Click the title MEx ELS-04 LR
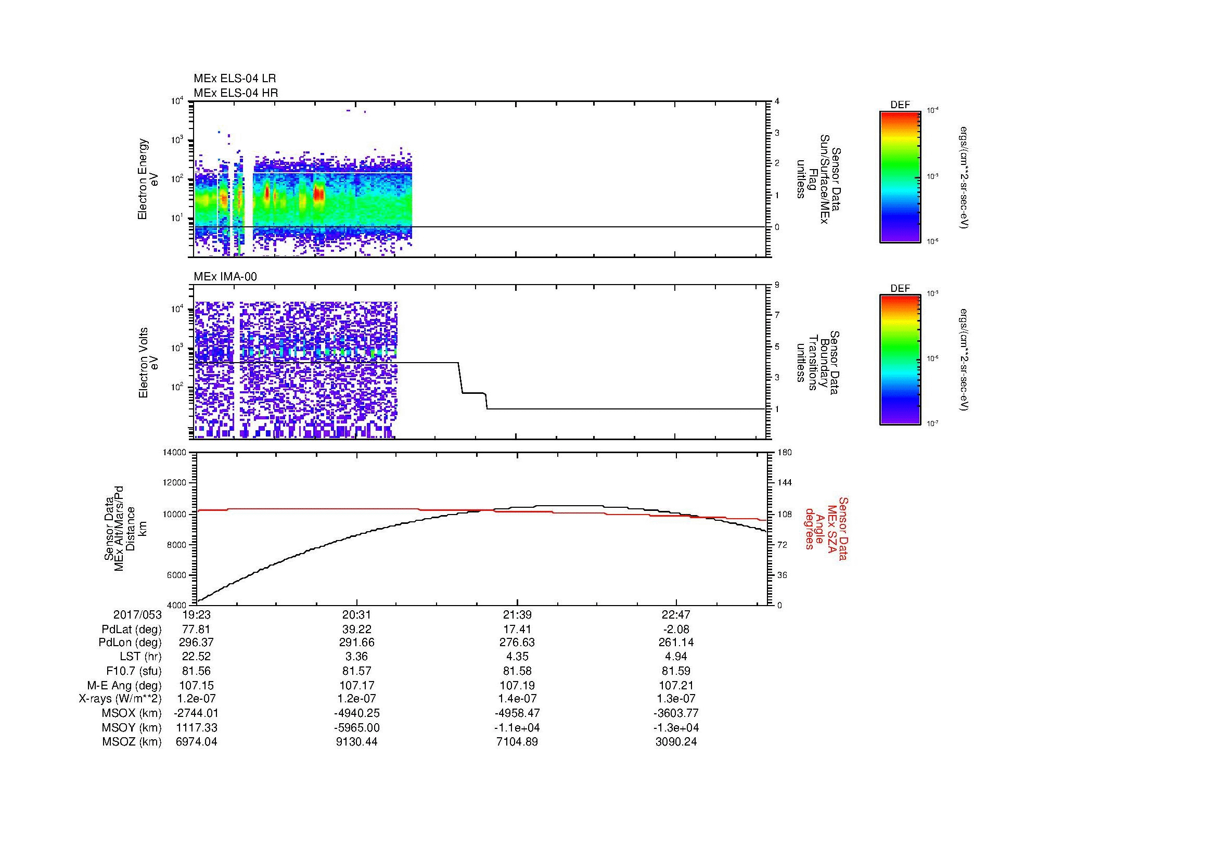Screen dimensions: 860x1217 coord(234,79)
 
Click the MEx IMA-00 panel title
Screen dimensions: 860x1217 coord(225,277)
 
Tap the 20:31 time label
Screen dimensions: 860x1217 coord(357,615)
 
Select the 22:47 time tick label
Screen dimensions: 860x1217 coord(676,615)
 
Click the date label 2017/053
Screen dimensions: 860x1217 coord(137,615)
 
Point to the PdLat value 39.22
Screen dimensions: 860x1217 coord(357,630)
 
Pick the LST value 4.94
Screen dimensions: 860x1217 coord(676,657)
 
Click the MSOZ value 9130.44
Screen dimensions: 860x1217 coord(357,742)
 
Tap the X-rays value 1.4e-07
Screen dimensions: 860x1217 coord(517,699)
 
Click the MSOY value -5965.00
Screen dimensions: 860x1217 coord(357,728)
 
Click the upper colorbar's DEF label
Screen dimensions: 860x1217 coord(900,105)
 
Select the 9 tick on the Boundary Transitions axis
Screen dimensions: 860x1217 coord(777,285)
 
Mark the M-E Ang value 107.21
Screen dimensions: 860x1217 coord(676,686)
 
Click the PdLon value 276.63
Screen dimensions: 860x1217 coord(517,643)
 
